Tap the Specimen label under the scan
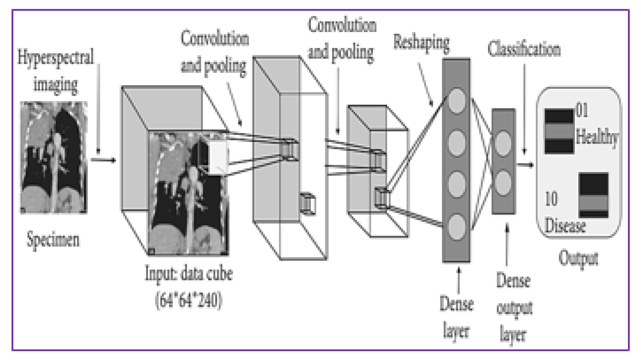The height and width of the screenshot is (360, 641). click(x=53, y=239)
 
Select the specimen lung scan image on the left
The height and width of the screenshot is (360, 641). click(x=54, y=157)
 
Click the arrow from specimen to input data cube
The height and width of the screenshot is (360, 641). click(x=103, y=160)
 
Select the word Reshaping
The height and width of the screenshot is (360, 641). click(x=421, y=43)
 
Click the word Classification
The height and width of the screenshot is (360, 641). click(x=524, y=50)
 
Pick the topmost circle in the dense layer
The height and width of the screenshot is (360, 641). click(x=457, y=101)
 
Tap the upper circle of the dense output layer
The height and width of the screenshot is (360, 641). click(x=503, y=143)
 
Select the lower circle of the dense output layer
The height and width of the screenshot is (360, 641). click(x=503, y=183)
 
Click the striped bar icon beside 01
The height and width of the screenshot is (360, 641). click(x=559, y=132)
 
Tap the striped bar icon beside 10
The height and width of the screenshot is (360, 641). click(x=594, y=195)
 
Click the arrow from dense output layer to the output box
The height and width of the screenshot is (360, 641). click(x=525, y=165)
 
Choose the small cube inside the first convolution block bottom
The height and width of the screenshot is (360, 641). click(x=308, y=203)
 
